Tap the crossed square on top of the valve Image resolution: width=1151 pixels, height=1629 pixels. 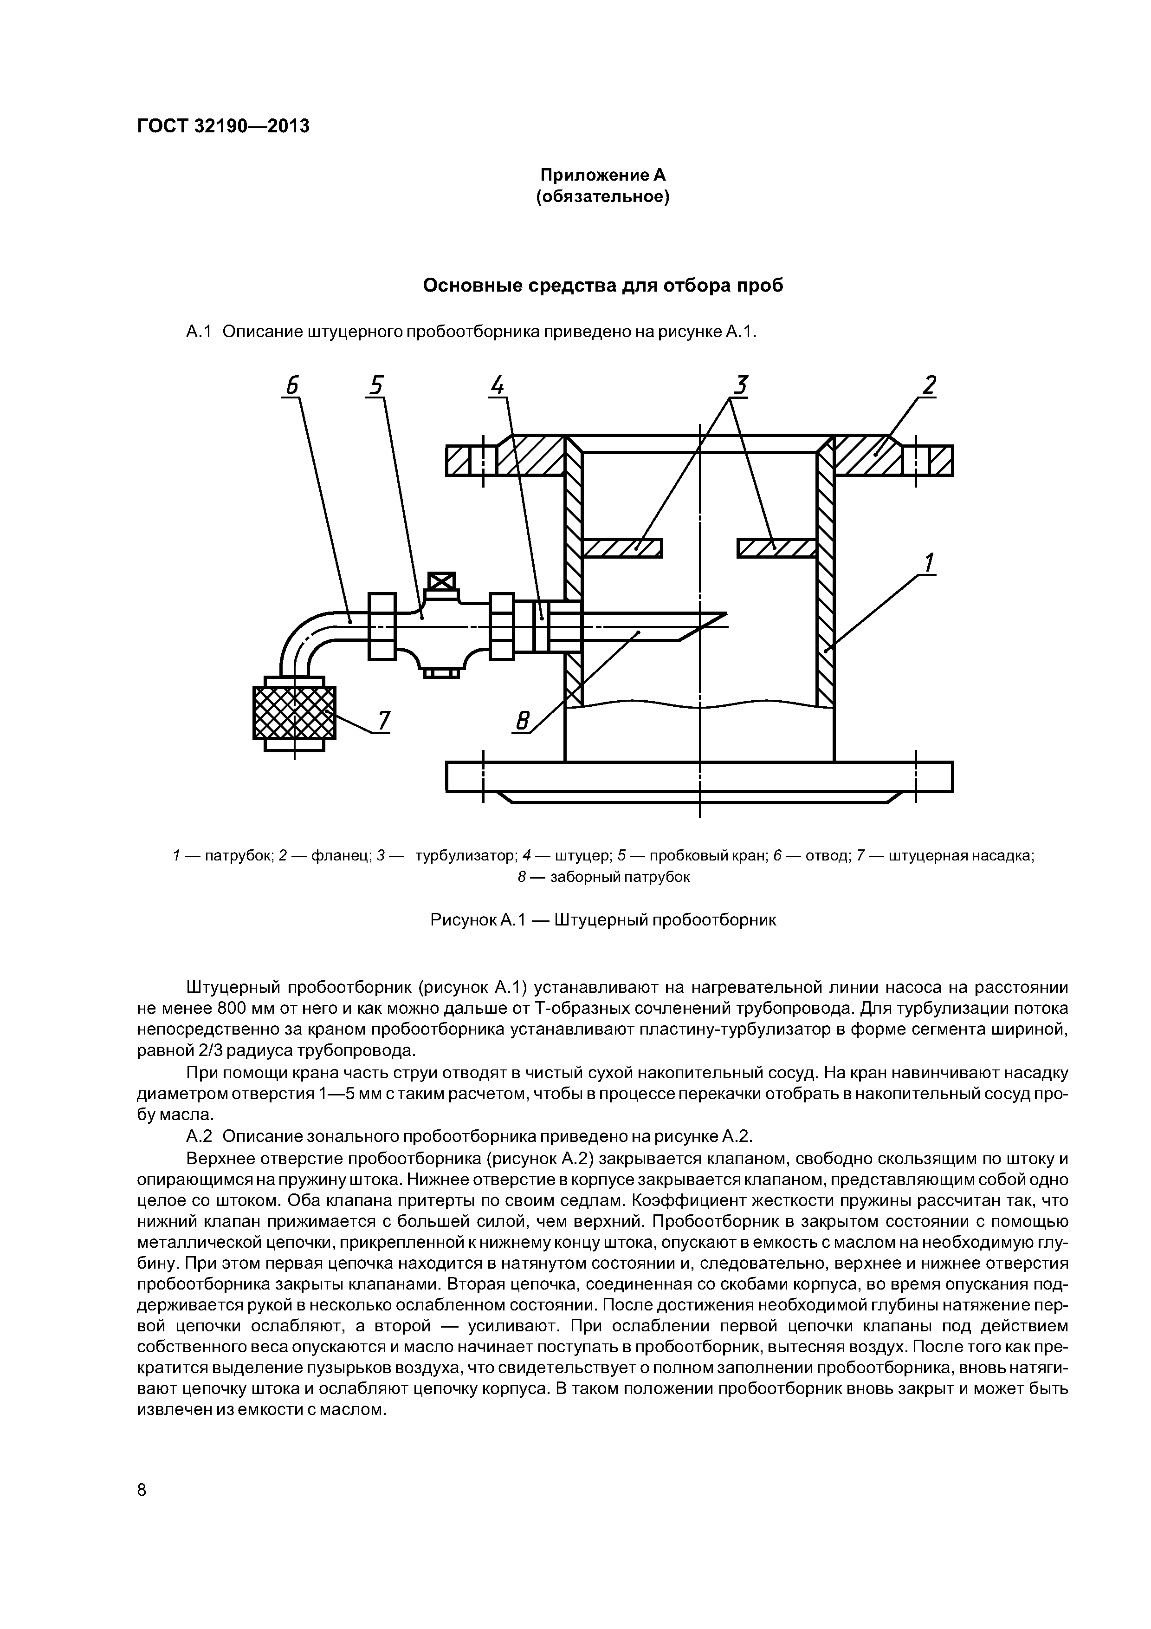(441, 582)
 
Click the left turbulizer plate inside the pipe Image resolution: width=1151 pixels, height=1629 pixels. (621, 548)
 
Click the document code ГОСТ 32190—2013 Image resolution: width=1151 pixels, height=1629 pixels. (223, 126)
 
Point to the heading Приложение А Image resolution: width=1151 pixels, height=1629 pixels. (603, 175)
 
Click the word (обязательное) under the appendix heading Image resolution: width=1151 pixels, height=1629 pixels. (603, 196)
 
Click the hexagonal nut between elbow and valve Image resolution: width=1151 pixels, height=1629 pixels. (382, 626)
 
